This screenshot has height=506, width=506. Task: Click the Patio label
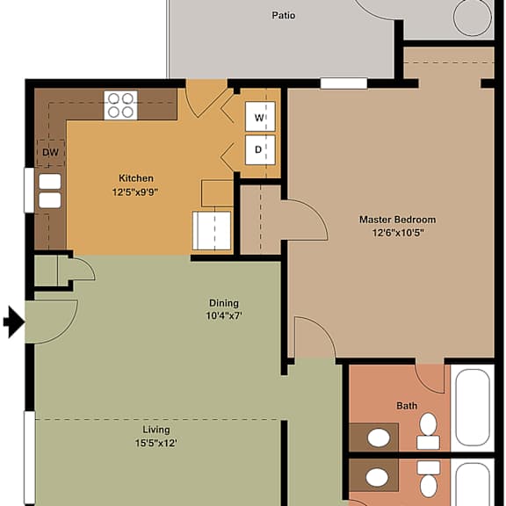pyautogui.click(x=284, y=15)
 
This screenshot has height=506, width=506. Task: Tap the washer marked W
pyautogui.click(x=260, y=117)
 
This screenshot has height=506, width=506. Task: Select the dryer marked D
pyautogui.click(x=260, y=149)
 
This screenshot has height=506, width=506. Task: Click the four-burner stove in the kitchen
pyautogui.click(x=120, y=105)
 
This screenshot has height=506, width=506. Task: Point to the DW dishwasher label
pyautogui.click(x=51, y=152)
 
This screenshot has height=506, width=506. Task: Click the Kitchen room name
pyautogui.click(x=136, y=178)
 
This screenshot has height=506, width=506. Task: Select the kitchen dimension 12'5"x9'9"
pyautogui.click(x=135, y=192)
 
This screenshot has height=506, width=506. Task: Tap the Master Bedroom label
pyautogui.click(x=398, y=220)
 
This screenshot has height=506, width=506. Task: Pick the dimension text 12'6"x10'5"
pyautogui.click(x=398, y=233)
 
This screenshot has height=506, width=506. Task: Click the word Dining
pyautogui.click(x=224, y=303)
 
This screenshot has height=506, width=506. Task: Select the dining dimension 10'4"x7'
pyautogui.click(x=224, y=315)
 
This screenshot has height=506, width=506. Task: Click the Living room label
pyautogui.click(x=156, y=430)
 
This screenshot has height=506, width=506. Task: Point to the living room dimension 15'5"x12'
pyautogui.click(x=156, y=443)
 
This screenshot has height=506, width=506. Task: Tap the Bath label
pyautogui.click(x=407, y=406)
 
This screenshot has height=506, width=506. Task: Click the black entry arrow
pyautogui.click(x=14, y=322)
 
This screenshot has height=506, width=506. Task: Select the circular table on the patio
pyautogui.click(x=472, y=18)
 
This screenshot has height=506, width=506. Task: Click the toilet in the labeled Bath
pyautogui.click(x=428, y=431)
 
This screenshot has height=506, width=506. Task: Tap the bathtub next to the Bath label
pyautogui.click(x=473, y=408)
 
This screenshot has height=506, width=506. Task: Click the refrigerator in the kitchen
pyautogui.click(x=212, y=230)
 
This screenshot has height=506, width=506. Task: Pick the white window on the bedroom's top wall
pyautogui.click(x=343, y=83)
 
